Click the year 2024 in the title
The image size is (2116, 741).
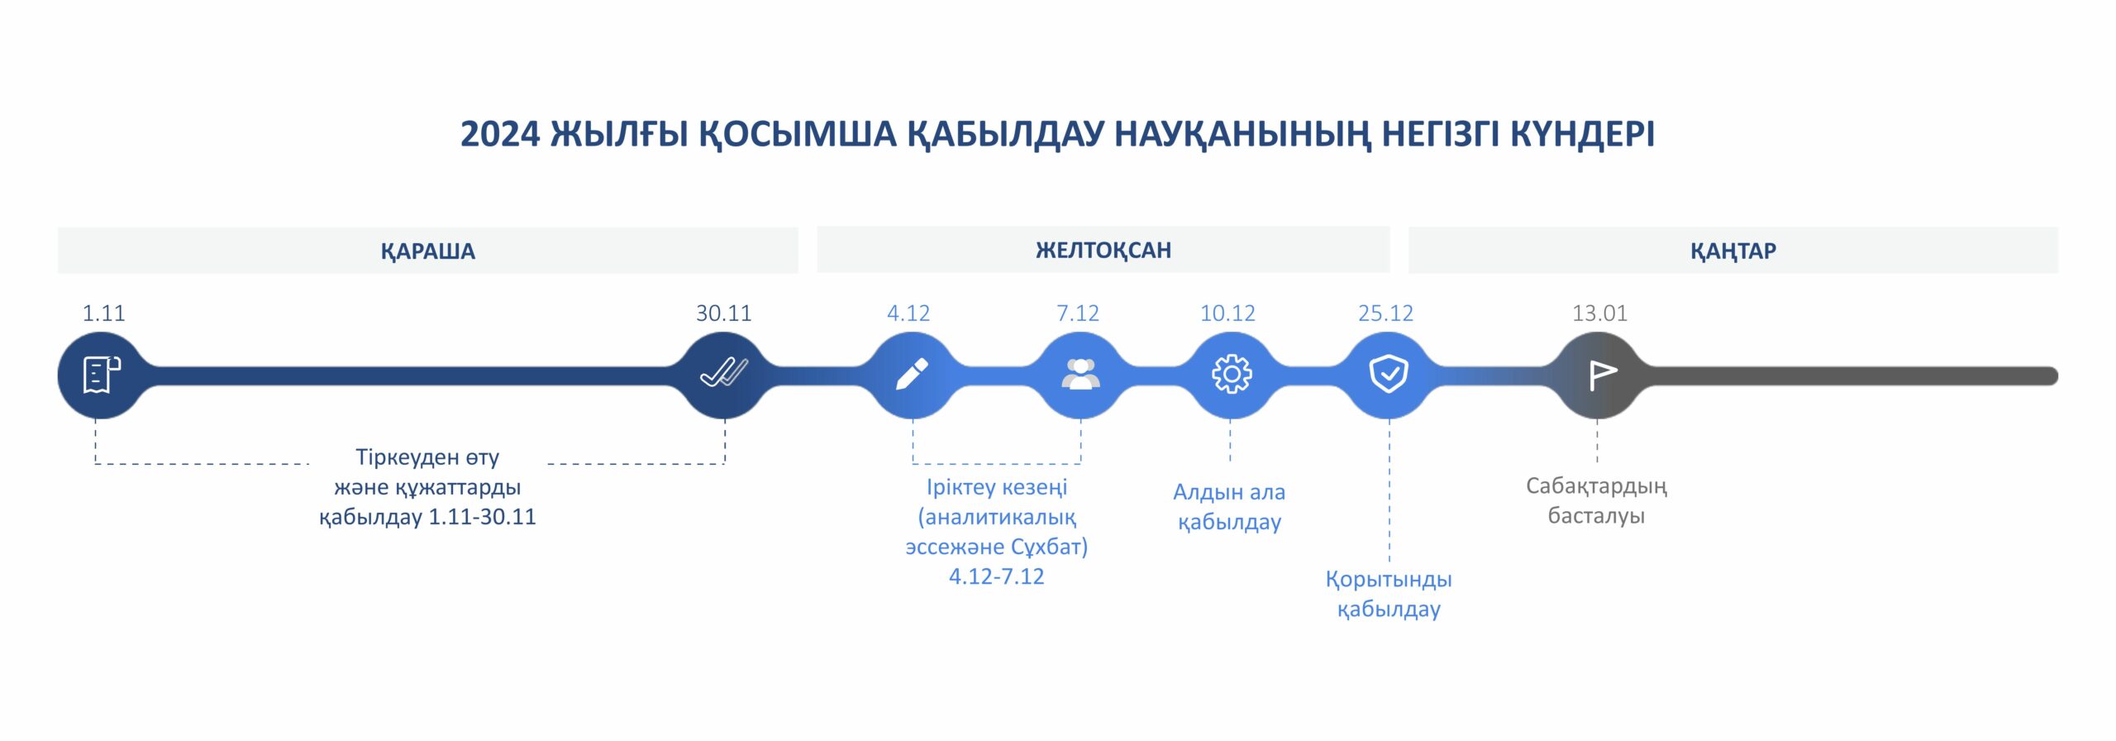click(x=500, y=134)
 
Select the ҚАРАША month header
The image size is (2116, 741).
click(x=428, y=251)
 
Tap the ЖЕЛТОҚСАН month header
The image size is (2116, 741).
click(x=1103, y=250)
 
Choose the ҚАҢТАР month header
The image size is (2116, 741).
click(x=1733, y=251)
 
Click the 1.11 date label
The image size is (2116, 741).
click(x=103, y=313)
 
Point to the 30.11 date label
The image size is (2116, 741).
click(x=724, y=313)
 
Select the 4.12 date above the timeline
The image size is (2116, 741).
click(x=908, y=313)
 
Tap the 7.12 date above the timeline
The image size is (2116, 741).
click(x=1078, y=313)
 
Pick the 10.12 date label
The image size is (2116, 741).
click(x=1227, y=313)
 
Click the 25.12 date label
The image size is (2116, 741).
click(x=1386, y=313)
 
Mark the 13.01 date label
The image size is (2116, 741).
click(x=1600, y=313)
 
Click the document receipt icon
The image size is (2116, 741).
click(x=102, y=375)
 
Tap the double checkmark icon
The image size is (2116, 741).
click(x=724, y=373)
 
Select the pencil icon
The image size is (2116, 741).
click(x=912, y=374)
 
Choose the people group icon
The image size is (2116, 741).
click(x=1080, y=374)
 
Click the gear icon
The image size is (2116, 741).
click(x=1232, y=375)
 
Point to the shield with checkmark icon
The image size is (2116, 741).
click(x=1389, y=374)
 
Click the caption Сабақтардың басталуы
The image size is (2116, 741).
click(x=1596, y=500)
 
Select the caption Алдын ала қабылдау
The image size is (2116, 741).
click(x=1229, y=507)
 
